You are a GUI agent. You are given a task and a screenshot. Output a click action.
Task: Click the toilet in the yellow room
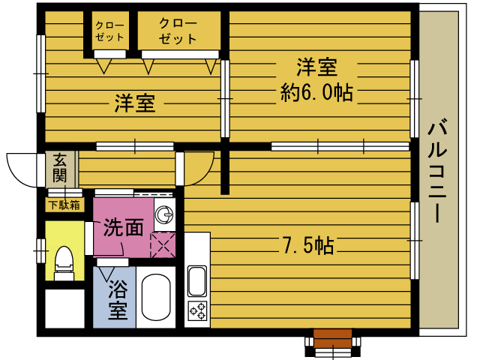[x=64, y=263]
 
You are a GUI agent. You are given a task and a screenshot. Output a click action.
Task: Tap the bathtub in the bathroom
[x=156, y=298]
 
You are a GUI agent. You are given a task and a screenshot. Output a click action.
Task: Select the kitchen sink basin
[x=196, y=281]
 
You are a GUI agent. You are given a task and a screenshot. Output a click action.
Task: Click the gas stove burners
[x=197, y=310]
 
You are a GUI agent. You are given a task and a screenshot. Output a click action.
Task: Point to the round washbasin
[x=165, y=214]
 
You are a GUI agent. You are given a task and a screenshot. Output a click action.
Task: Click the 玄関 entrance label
[x=60, y=168]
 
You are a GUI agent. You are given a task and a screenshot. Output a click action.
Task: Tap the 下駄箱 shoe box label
[x=64, y=205]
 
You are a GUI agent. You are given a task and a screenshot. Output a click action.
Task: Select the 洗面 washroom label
[x=123, y=227]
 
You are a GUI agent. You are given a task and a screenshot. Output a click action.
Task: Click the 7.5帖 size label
[x=308, y=245]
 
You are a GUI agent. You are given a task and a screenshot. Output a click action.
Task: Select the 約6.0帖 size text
[x=316, y=92]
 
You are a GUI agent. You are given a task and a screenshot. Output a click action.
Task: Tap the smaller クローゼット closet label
[x=109, y=31]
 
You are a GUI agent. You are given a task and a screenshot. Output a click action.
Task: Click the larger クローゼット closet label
[x=178, y=31]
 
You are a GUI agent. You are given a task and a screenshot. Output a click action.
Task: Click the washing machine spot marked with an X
[x=163, y=245]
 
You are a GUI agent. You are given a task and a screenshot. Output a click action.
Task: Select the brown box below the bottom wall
[x=333, y=338]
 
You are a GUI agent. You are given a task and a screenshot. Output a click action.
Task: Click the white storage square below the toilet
[x=65, y=308]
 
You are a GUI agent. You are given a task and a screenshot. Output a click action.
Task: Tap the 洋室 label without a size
[x=135, y=103]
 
